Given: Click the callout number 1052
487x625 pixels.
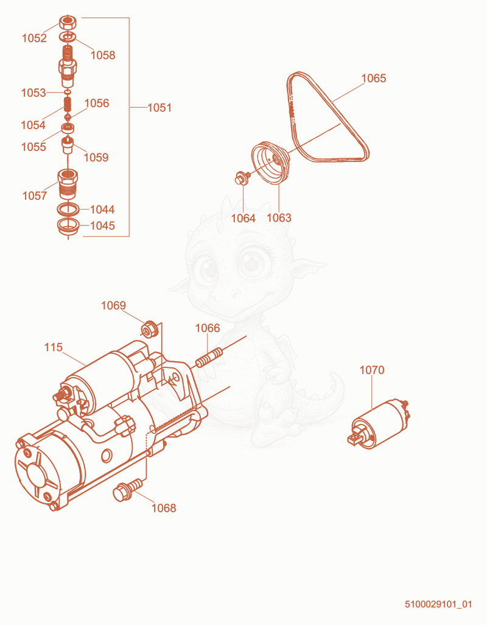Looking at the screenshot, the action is point(34,38).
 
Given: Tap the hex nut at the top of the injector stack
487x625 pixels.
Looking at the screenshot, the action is point(68,23).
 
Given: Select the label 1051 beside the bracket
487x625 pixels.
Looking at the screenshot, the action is point(159,108).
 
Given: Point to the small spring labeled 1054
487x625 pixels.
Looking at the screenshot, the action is point(68,105).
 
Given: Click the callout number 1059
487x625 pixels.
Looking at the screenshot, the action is point(96,157).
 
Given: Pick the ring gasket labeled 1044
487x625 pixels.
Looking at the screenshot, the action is point(68,209).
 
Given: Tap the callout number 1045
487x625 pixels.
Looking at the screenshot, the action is point(102,225).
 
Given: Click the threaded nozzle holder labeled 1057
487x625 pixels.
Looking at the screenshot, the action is point(68,184).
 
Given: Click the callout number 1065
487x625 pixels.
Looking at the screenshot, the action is point(374,78).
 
